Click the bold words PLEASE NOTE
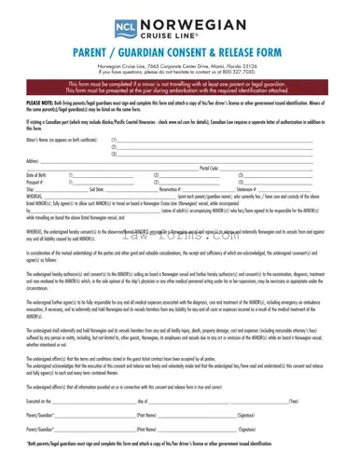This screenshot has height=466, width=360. click(40, 106)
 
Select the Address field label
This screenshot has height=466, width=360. click(33, 161)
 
